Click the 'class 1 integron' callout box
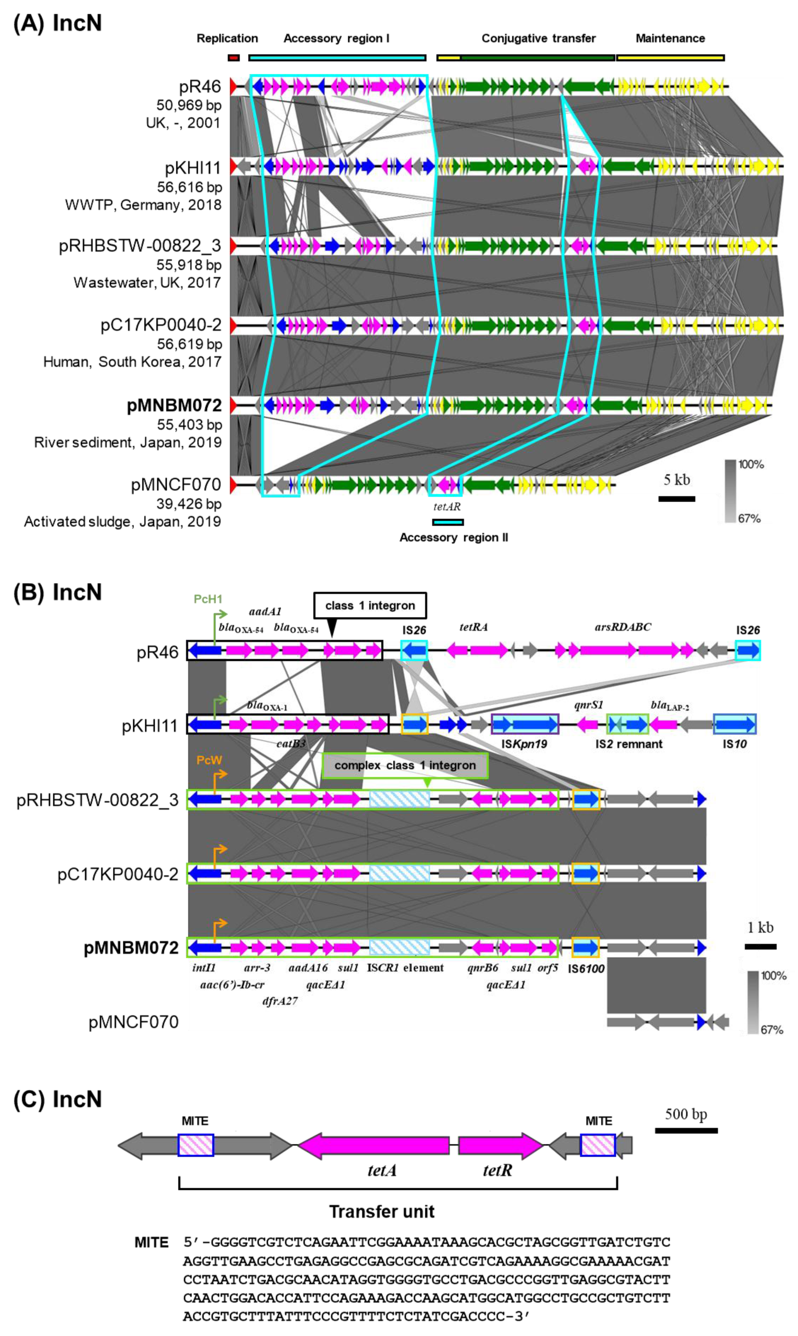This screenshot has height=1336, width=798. [369, 606]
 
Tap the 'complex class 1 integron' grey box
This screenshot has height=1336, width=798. [405, 765]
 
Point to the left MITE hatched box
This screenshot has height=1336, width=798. [196, 1145]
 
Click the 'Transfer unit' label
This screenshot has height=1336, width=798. [381, 1212]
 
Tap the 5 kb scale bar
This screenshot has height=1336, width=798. [677, 499]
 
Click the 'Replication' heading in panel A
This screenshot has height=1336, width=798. [227, 38]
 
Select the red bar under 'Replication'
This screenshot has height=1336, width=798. [233, 57]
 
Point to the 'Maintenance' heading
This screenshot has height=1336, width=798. [670, 38]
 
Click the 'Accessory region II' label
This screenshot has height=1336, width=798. [453, 537]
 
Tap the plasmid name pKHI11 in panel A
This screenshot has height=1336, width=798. [193, 168]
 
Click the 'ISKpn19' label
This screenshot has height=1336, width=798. [524, 744]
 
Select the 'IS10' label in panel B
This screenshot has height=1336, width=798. [735, 744]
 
